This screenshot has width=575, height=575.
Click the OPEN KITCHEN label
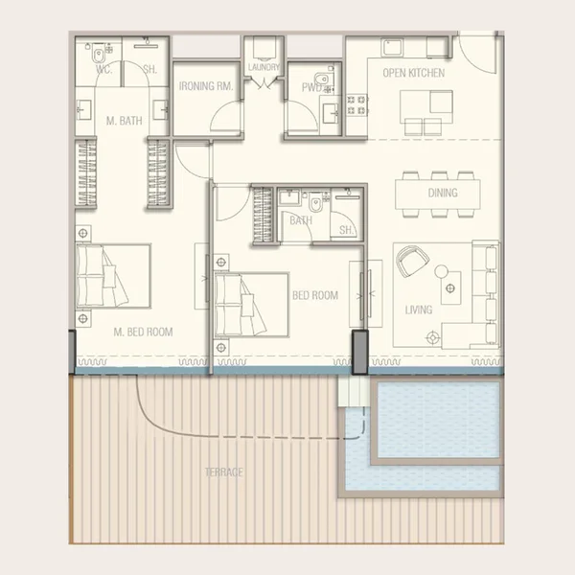click(413, 73)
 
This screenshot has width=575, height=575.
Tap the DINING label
click(443, 193)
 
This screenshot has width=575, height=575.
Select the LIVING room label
click(418, 310)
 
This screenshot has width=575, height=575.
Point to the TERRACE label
click(223, 472)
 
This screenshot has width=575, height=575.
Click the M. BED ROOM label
click(143, 333)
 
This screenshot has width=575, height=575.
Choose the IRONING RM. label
click(206, 86)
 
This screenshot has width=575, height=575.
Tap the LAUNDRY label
click(264, 67)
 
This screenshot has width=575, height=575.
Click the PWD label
click(311, 86)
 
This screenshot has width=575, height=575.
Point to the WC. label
click(103, 68)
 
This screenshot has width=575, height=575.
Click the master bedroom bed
click(113, 276)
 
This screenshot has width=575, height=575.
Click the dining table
click(441, 193)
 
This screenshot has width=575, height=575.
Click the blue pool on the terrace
click(436, 422)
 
